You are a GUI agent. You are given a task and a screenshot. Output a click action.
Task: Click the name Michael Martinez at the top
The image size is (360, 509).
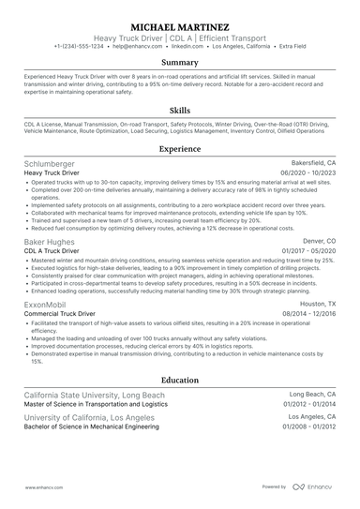180,27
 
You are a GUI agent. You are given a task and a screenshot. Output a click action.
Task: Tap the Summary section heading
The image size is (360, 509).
180,62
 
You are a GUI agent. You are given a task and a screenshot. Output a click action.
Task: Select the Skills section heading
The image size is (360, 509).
180,110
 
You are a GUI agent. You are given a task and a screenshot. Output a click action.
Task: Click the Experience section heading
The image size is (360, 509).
180,148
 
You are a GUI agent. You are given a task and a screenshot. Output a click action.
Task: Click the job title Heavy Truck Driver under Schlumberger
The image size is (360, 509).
54,172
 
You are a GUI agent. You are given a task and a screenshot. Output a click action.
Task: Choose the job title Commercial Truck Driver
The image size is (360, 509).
62,313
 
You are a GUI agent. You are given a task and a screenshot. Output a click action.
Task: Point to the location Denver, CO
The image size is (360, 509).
319,241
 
